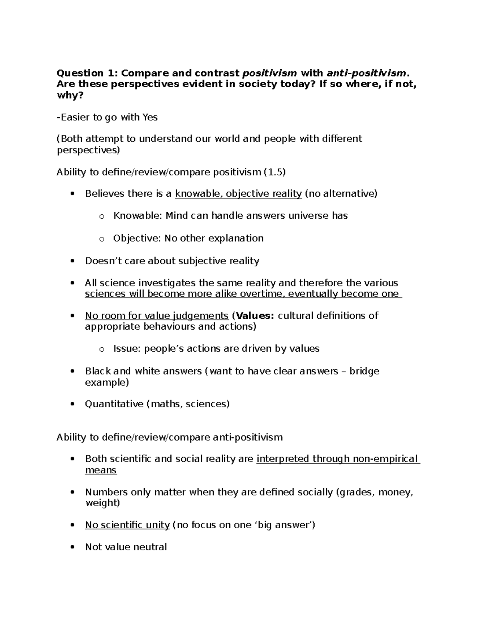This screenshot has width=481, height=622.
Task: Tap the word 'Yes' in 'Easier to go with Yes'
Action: pos(148,117)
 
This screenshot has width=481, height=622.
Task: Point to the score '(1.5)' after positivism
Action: pos(275,172)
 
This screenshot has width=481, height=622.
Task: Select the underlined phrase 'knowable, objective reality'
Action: pos(238,194)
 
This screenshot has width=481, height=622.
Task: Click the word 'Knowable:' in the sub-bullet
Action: pos(138,216)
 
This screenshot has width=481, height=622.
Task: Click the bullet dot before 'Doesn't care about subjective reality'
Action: pos(72,261)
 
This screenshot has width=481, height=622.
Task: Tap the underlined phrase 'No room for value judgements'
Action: pos(157,316)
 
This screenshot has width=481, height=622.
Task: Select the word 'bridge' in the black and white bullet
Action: pos(364,371)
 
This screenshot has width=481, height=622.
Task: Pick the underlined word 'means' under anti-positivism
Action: pos(101,470)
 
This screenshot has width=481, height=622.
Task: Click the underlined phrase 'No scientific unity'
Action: pos(127,525)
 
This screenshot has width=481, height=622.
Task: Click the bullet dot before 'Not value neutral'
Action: pos(72,547)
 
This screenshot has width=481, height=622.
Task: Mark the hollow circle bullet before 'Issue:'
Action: pos(101,349)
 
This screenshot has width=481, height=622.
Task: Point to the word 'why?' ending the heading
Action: pos(69,95)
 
